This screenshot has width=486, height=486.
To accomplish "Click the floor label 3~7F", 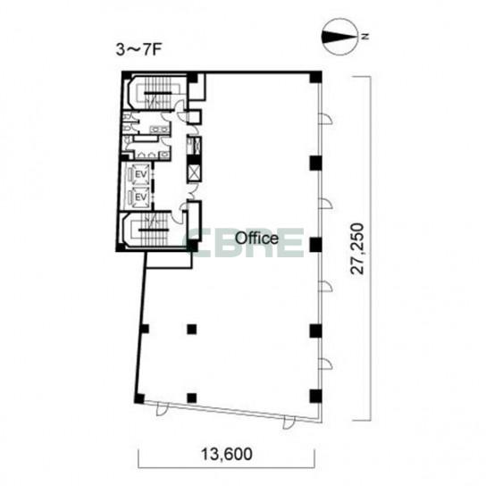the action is (139, 50).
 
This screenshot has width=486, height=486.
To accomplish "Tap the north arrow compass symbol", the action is (339, 38).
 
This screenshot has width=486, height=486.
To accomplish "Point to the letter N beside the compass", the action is (365, 37).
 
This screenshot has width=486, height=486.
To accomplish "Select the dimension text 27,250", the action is (356, 248).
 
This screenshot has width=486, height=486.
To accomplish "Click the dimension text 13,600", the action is (227, 455).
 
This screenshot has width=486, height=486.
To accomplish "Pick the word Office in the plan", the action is (256, 239).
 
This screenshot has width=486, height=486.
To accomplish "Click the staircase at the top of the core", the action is (157, 91).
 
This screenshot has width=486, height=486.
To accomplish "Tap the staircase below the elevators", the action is (154, 229).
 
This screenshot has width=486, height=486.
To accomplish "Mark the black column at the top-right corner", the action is (315, 77).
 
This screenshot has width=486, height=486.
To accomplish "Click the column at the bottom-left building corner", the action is (139, 398).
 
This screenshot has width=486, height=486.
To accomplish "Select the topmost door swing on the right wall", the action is (325, 119).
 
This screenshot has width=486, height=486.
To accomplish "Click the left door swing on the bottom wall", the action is (162, 408).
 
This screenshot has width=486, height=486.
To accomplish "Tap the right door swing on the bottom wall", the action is (289, 423).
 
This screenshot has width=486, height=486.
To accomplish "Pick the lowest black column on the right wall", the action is (315, 396).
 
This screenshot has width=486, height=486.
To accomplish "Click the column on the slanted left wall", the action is (144, 329).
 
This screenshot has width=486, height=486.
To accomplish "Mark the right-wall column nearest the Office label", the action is (315, 245).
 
